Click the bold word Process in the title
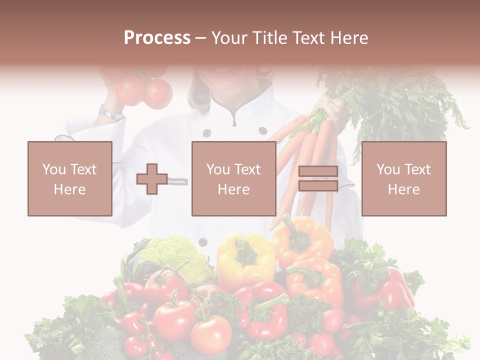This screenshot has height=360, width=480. (x=157, y=38)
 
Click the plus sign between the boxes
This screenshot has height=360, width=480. (x=152, y=179)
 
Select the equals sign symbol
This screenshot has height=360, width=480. (x=318, y=179)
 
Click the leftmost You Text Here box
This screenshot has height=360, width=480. (x=70, y=178)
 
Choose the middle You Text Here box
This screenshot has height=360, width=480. (x=233, y=178)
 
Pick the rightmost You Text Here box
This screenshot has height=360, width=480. (x=403, y=178)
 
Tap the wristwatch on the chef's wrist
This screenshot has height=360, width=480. (x=110, y=113)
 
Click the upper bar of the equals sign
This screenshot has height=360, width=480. (x=318, y=171)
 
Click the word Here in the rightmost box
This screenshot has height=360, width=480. (x=403, y=189)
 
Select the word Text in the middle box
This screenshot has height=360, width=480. (x=247, y=169)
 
